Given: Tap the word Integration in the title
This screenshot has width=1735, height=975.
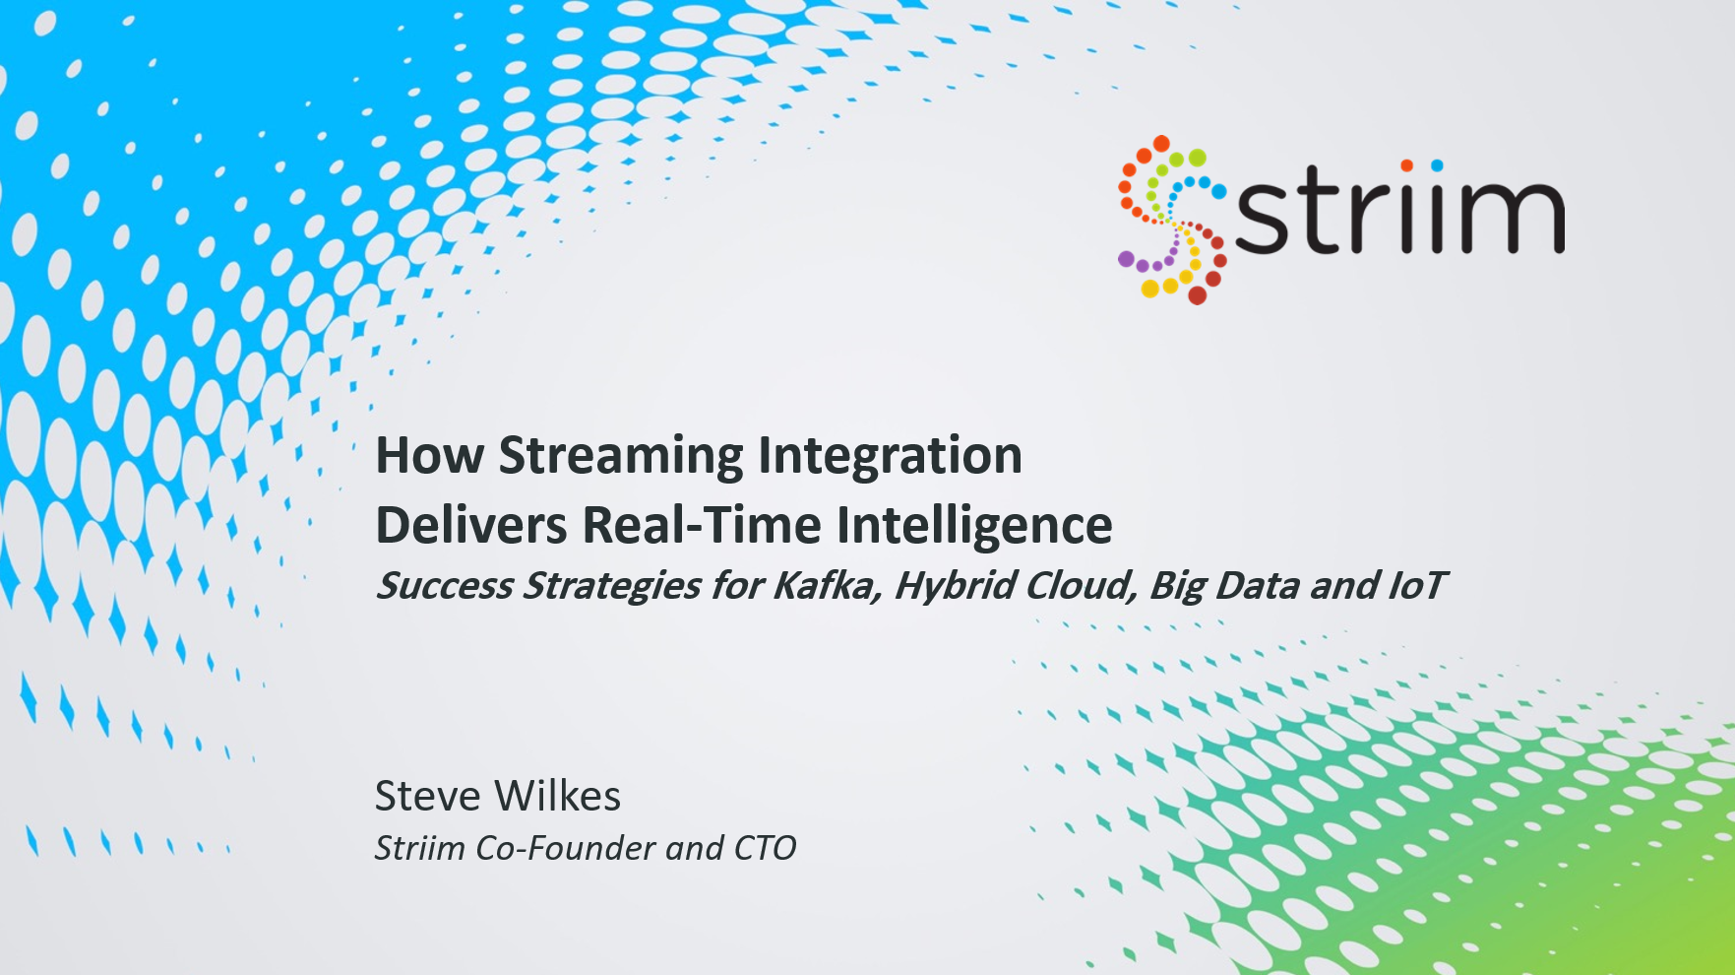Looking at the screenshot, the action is click(x=890, y=457).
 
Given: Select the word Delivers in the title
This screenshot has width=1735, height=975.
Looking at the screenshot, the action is click(x=471, y=524).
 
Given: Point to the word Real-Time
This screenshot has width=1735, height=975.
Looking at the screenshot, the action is click(x=702, y=524).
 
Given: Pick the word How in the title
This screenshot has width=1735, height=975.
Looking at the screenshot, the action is click(x=430, y=456).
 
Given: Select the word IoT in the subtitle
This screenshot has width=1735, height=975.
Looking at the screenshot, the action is click(x=1415, y=586).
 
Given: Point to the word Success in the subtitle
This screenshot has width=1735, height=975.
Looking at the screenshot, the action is click(x=446, y=586).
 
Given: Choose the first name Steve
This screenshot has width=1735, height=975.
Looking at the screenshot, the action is click(x=427, y=796).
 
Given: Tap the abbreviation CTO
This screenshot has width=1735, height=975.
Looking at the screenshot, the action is click(x=765, y=848).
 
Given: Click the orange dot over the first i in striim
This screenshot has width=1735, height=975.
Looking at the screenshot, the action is click(x=1407, y=165).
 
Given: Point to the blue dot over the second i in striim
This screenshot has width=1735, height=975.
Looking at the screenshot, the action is click(x=1438, y=165).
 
